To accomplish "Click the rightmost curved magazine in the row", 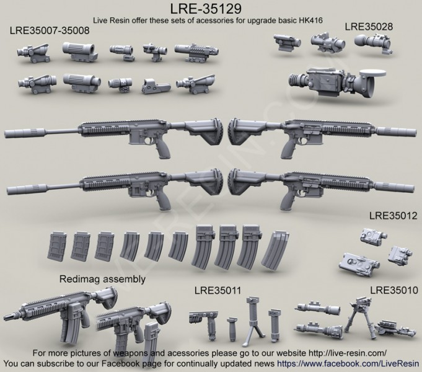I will [x=275, y=249].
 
